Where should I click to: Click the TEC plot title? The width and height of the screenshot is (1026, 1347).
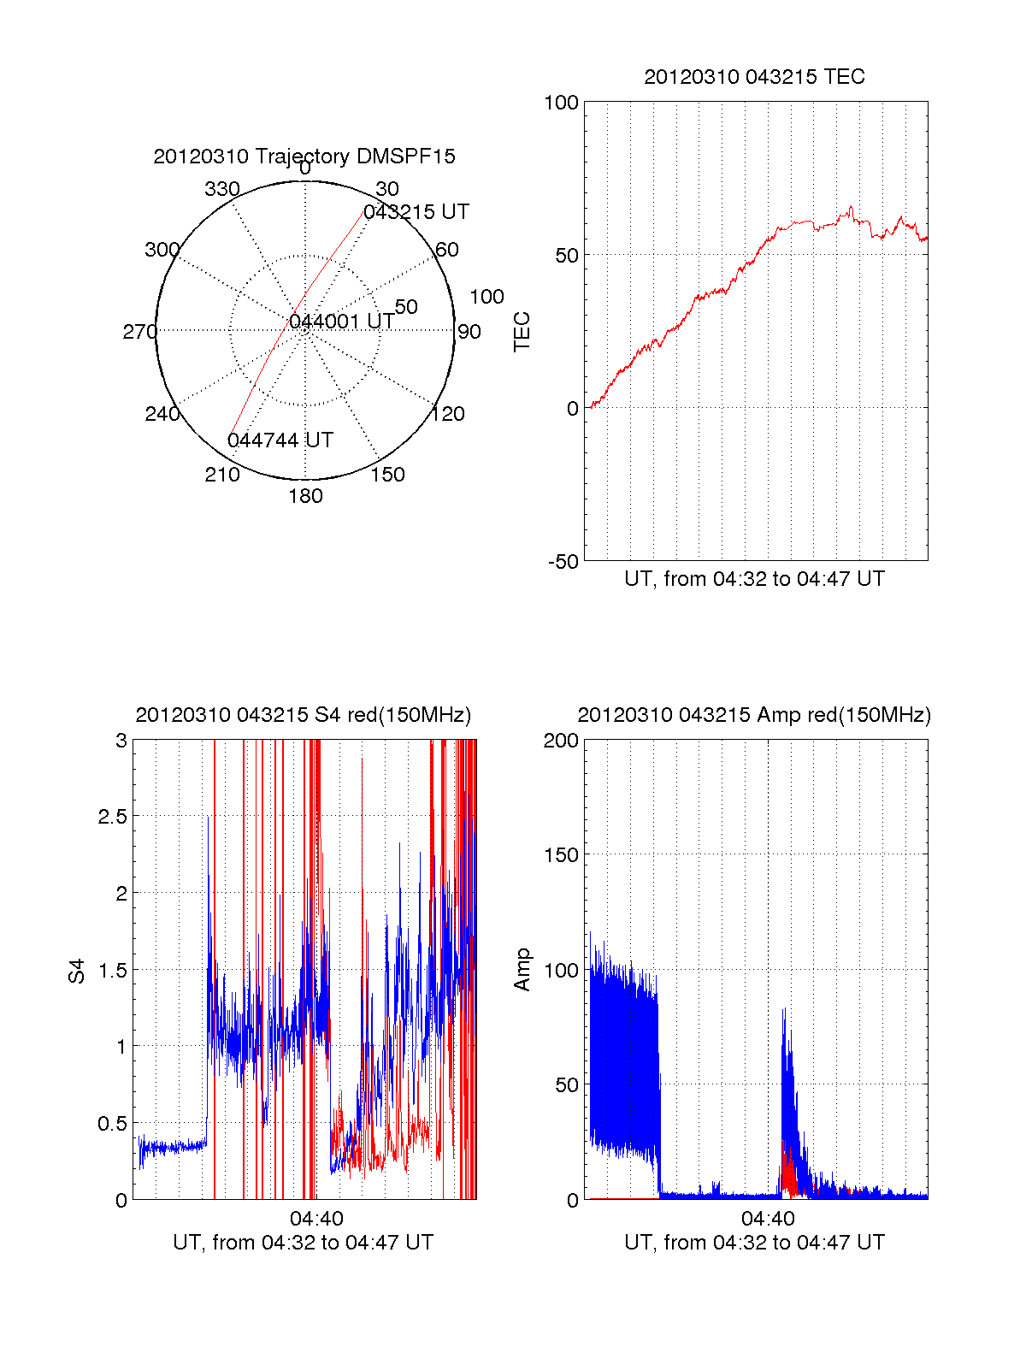click(754, 77)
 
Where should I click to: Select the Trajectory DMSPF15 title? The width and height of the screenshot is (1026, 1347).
click(304, 157)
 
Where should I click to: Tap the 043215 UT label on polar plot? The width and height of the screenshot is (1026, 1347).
click(416, 212)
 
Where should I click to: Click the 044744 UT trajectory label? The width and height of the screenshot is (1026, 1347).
click(280, 440)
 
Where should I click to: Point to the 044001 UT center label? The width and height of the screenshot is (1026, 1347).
click(342, 322)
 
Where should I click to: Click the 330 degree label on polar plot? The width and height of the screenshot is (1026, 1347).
click(222, 189)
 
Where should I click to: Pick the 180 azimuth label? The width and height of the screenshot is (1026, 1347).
click(305, 496)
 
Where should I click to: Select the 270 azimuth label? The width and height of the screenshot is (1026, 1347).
click(139, 332)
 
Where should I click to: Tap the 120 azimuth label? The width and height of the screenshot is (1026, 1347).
click(448, 414)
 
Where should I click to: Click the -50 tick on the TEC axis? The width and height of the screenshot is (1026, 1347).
click(563, 562)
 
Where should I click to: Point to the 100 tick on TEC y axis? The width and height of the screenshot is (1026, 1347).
click(562, 103)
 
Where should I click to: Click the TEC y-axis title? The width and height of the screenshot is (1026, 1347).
click(522, 332)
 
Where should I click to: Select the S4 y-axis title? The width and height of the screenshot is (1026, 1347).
click(77, 971)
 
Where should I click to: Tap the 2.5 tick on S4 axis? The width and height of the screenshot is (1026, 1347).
click(112, 817)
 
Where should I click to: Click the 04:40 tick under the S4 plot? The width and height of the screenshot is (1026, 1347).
click(316, 1219)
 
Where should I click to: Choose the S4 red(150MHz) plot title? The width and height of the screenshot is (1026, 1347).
click(304, 715)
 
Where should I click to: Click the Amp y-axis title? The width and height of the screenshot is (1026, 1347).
click(522, 970)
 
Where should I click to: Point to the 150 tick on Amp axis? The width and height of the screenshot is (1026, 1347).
click(562, 854)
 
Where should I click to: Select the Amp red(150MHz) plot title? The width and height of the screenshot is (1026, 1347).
click(754, 715)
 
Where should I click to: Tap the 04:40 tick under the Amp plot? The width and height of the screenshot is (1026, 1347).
click(768, 1219)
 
